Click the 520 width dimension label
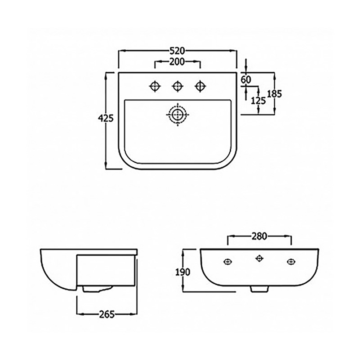[177, 51]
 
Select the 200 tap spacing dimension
[177, 62]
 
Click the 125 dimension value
[258, 101]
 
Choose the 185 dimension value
[274, 94]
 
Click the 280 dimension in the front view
[259, 236]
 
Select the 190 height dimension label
[183, 272]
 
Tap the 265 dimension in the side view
[107, 315]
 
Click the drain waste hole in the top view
[177, 115]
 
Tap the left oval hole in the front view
[227, 262]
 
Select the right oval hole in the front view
[291, 262]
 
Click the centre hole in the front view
[259, 258]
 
